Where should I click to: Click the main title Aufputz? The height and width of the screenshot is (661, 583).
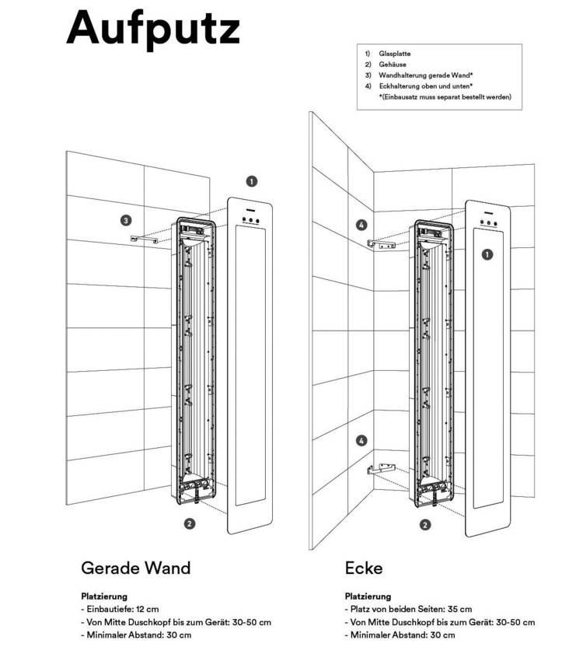pos(153,28)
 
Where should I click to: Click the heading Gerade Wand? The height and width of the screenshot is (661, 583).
pos(135,568)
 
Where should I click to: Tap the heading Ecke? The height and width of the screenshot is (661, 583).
pos(364,568)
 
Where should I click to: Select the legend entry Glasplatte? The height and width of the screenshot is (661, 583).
pos(396,54)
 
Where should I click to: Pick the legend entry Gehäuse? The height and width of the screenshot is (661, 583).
pos(393,65)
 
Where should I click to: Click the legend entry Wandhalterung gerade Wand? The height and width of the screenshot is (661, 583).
pos(419,75)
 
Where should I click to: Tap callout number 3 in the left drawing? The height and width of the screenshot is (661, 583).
pos(126,220)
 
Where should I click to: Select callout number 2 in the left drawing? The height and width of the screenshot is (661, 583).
pos(189,523)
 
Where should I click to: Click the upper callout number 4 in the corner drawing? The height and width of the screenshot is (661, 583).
pos(361,226)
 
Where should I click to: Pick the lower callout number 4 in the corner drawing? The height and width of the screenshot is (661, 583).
pos(361,441)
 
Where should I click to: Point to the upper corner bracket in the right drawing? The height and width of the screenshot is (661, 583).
pos(380,244)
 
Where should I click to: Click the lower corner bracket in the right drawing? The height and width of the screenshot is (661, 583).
pos(380,470)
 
